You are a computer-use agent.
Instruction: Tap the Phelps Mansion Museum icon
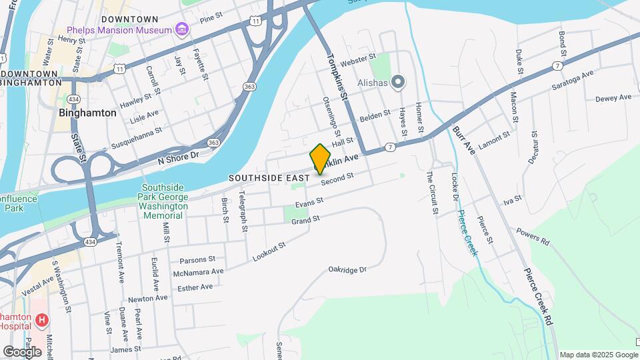181,30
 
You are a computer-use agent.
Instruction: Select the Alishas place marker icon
398,83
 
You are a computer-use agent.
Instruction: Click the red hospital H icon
41,321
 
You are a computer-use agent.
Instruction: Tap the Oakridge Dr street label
347,270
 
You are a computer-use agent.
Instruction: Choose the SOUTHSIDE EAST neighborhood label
269,178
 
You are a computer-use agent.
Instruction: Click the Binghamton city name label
87,113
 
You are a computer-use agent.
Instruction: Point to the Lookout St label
269,252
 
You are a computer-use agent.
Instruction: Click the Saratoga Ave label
573,81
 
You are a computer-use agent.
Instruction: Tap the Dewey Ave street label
613,98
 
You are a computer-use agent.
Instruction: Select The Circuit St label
432,193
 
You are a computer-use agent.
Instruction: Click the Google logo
22,351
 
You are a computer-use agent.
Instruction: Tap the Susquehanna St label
136,138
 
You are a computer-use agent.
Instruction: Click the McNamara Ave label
198,272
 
